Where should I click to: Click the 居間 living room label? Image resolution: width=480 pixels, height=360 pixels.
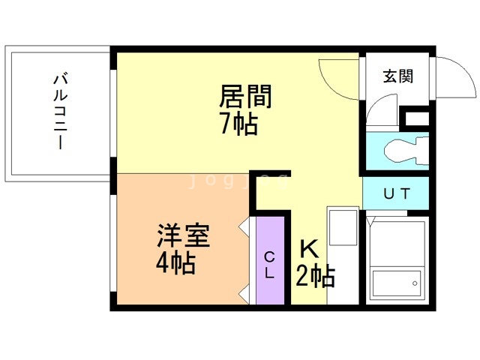coord(244,97)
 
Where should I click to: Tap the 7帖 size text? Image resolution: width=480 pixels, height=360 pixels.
coord(238,124)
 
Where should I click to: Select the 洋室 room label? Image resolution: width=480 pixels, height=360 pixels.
coord(183,236)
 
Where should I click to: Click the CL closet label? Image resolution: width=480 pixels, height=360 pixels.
coord(270,265)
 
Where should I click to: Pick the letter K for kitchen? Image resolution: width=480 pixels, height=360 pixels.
coord(309,248)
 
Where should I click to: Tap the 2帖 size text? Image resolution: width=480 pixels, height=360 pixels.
coord(315,276)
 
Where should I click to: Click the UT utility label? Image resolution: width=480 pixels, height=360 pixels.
coord(397,194)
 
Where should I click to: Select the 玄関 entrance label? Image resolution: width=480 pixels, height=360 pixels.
coord(398,76)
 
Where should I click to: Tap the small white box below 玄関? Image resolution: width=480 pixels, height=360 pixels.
coord(416,118)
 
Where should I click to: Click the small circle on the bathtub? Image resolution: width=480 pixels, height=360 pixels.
coord(412,283)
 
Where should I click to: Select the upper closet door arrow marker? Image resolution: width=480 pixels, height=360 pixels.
coord(244,225)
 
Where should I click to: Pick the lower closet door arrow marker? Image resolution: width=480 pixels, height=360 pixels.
coord(244,292)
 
